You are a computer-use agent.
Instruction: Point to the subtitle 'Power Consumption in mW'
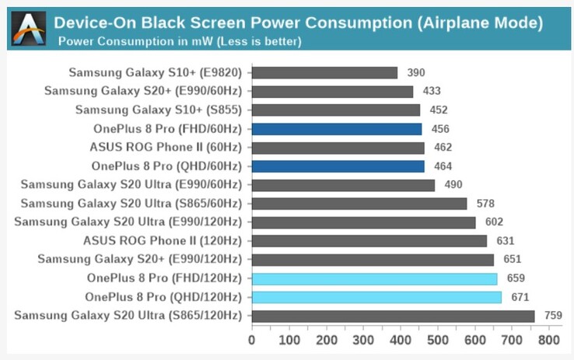[180, 40]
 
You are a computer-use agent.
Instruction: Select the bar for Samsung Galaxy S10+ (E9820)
[324, 73]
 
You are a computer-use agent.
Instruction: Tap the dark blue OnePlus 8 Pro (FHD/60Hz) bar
[337, 129]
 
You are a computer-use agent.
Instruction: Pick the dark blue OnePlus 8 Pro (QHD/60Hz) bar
[338, 166]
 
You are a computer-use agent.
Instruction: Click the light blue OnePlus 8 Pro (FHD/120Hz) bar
[375, 278]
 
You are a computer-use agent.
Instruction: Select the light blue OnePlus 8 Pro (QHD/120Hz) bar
[376, 297]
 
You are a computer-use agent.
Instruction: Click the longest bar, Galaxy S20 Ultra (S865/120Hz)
[393, 316]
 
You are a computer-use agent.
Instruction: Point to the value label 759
[554, 316]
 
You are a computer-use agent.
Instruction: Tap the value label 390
[416, 73]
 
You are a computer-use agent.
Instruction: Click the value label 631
[506, 241]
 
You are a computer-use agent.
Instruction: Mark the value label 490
[453, 185]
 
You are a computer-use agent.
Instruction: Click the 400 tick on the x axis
[401, 340]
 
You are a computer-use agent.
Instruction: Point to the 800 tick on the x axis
[550, 340]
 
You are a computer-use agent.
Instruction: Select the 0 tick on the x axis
[251, 340]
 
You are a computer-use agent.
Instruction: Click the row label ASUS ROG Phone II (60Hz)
[166, 148]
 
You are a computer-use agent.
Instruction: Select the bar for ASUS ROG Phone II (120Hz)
[369, 241]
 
